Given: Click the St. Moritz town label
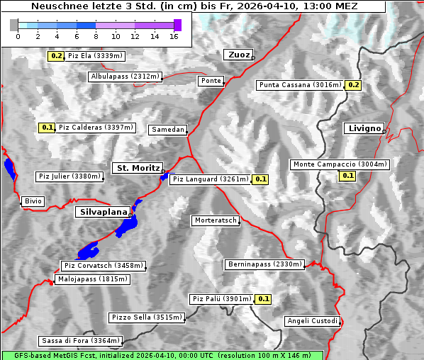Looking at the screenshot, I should click(x=137, y=168).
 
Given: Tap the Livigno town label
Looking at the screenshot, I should click(x=363, y=128).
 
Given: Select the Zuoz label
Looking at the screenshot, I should click(x=237, y=55).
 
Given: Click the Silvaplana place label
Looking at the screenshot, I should click(x=103, y=212).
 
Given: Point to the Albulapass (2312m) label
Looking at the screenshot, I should click(x=125, y=77).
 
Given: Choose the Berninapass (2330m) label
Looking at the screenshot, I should click(x=264, y=264).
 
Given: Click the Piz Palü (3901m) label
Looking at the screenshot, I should click(x=221, y=299).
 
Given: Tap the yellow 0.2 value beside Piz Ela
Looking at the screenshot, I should click(x=57, y=55).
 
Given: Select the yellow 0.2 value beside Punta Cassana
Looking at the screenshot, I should click(x=354, y=85).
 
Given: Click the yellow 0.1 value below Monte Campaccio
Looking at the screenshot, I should click(x=347, y=176).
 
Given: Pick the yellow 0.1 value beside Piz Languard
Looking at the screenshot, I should click(x=261, y=179).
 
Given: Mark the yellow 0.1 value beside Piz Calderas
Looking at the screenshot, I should click(x=47, y=128).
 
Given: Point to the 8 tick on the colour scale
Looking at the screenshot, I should click(x=96, y=35).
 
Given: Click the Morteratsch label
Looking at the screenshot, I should click(x=215, y=220).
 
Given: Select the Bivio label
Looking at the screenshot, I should click(x=33, y=201).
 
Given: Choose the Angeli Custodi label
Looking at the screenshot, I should click(x=313, y=321).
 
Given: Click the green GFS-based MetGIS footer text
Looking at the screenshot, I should click(x=162, y=355).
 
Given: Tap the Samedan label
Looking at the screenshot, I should click(x=167, y=130).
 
